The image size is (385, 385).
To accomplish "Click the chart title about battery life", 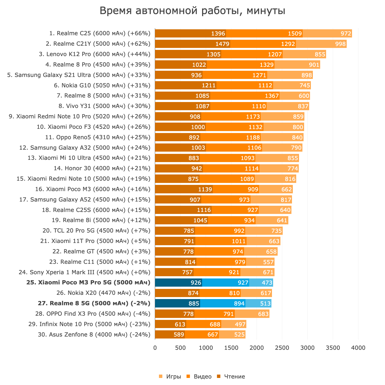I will click(193, 11).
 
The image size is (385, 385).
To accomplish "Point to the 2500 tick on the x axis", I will click(282, 348).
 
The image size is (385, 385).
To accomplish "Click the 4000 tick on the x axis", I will click(358, 348).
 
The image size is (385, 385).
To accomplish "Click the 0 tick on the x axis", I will click(155, 348).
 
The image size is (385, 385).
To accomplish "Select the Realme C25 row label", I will click(100, 34).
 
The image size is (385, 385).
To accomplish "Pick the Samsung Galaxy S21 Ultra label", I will click(79, 75).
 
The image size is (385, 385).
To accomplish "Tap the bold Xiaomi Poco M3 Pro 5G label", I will click(88, 283).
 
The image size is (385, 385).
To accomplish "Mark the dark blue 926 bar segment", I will click(179, 283).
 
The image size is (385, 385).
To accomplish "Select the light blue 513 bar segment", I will click(258, 304).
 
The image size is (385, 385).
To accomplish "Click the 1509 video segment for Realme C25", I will click(264, 34).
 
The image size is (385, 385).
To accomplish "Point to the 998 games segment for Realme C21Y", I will click(321, 44).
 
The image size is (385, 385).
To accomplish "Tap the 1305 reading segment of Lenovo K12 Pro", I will click(188, 54).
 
